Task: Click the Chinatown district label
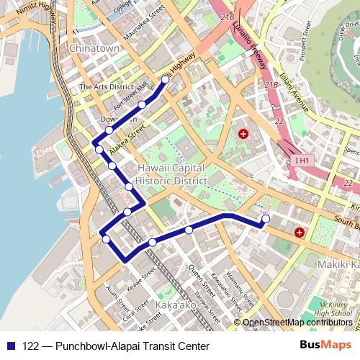tap(94, 48)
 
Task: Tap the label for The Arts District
tap(107, 86)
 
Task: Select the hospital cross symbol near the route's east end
tap(299, 233)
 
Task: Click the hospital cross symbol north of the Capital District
tap(243, 135)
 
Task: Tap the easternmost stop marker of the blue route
tap(266, 218)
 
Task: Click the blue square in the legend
tap(12, 346)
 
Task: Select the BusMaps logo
tap(324, 346)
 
